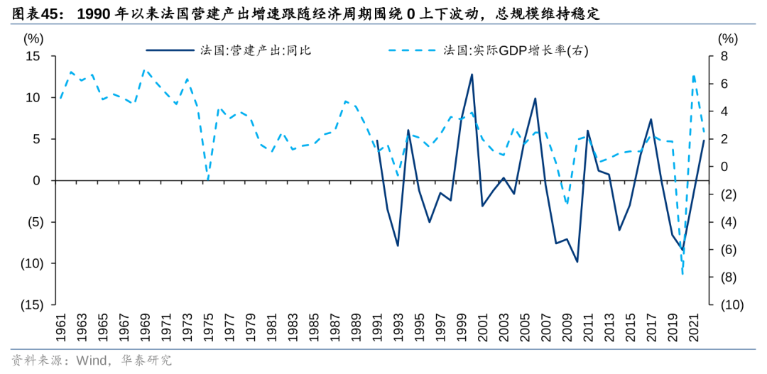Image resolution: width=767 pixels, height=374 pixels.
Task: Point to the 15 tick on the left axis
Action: point(33,56)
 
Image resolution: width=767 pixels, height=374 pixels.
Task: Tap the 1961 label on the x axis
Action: point(61,328)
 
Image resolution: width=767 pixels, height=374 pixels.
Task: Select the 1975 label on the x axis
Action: point(207,328)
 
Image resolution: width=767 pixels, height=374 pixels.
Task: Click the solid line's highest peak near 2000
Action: point(472,74)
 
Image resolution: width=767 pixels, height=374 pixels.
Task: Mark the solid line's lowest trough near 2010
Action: point(577,262)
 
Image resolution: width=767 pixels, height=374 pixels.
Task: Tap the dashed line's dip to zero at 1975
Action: point(207,180)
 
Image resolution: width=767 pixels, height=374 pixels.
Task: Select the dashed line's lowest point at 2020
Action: point(682,274)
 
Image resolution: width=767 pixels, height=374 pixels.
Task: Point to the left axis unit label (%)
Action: point(33,38)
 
